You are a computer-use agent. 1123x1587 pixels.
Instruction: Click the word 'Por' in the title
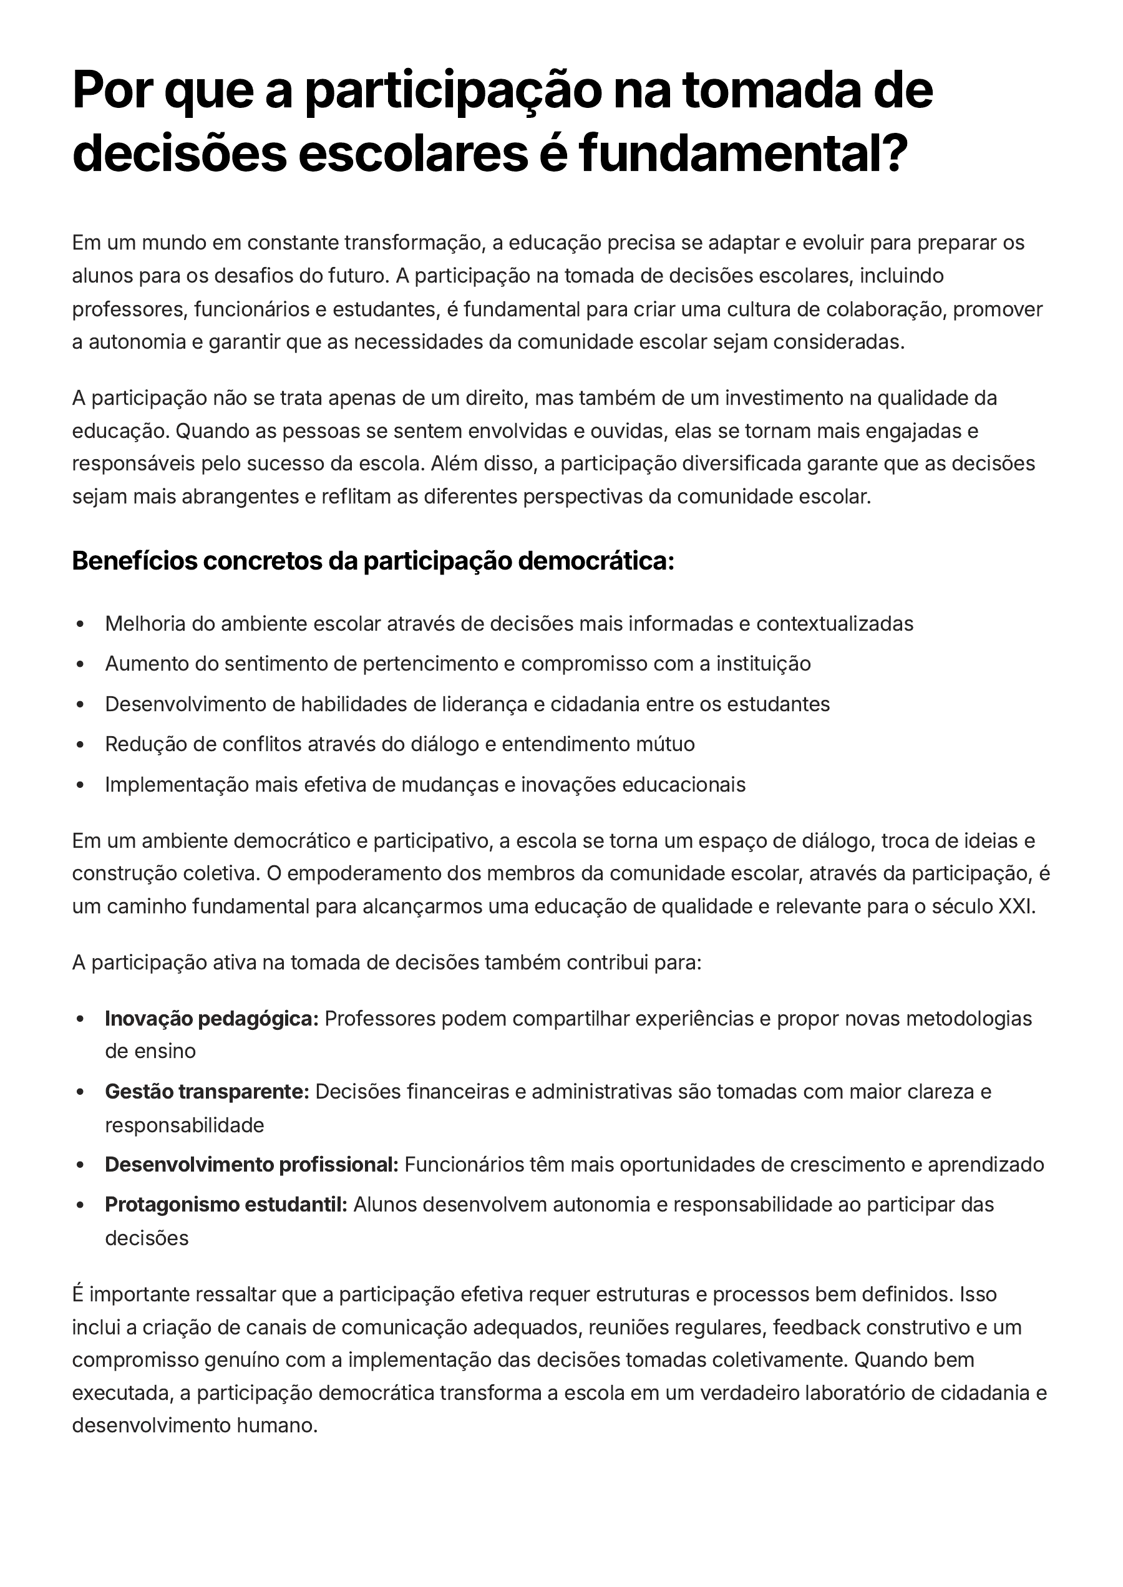pos(110,90)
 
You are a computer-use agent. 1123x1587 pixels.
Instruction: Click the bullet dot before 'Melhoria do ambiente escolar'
pos(80,624)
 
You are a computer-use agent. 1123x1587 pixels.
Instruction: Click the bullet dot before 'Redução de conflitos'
pos(80,745)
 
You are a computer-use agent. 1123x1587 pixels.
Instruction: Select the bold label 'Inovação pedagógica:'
pos(211,1019)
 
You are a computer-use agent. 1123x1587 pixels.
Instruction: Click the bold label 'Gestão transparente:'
pos(207,1092)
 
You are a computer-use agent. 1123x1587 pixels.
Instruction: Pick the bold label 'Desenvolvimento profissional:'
pos(251,1165)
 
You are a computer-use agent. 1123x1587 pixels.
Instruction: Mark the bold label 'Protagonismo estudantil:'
pos(225,1205)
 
